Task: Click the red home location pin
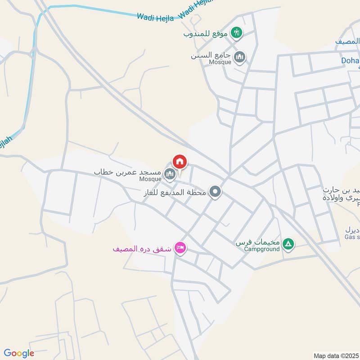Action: pos(180,162)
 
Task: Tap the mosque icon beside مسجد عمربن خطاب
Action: pos(170,174)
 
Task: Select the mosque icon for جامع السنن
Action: pos(240,57)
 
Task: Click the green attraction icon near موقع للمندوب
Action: pos(236,32)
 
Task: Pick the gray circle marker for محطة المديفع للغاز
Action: pos(216,192)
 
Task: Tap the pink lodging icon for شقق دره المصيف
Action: pos(180,248)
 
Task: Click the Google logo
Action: pos(18,353)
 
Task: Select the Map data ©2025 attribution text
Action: pos(336,355)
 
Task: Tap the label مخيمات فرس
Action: pos(258,242)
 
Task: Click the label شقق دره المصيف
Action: pos(142,248)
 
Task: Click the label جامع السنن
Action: pos(211,55)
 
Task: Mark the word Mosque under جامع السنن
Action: pos(220,62)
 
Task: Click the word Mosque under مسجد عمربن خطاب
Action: pos(150,179)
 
